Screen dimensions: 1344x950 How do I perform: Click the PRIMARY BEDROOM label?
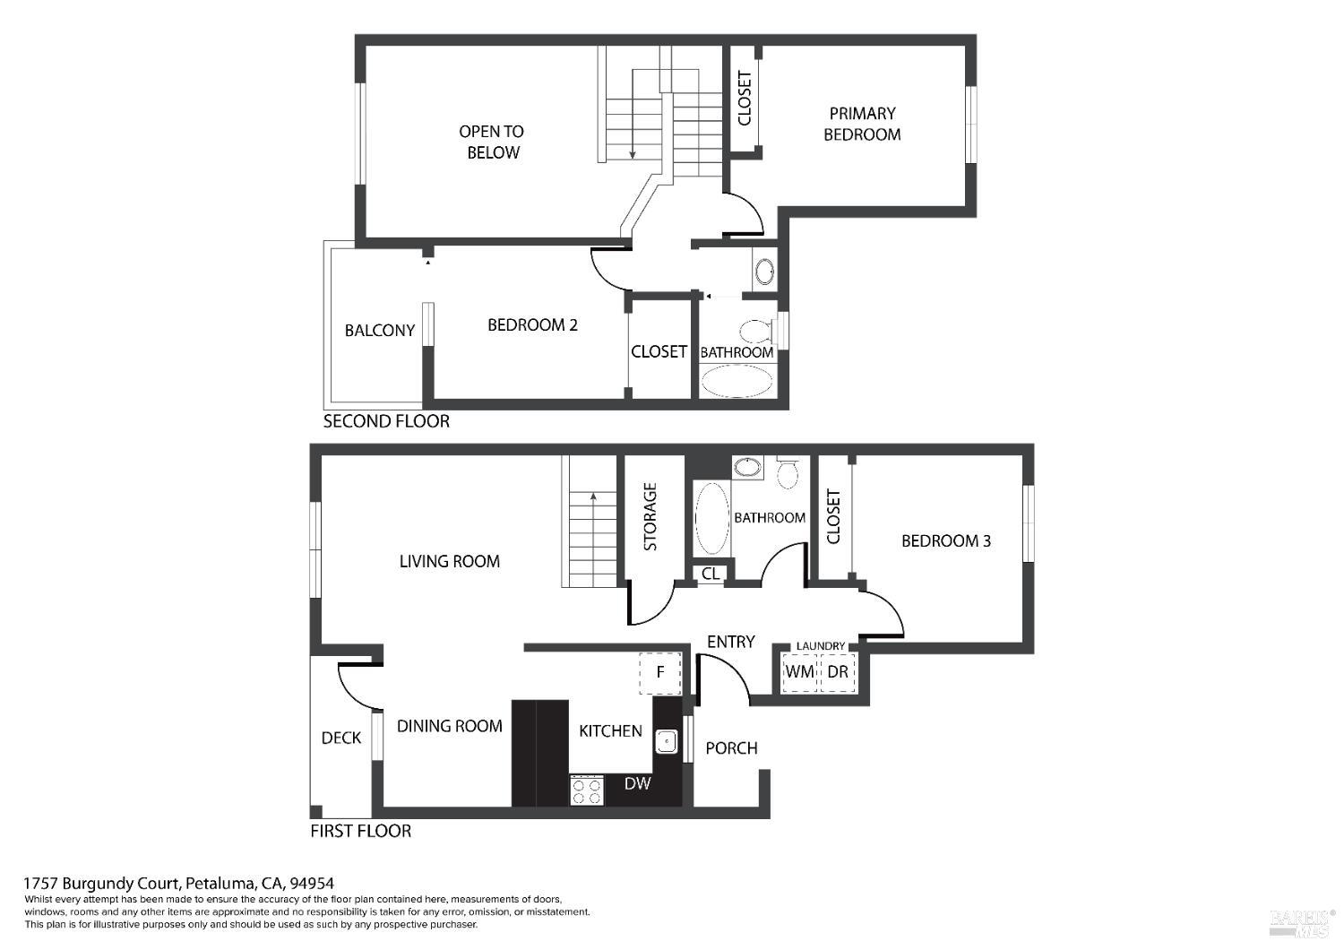pyautogui.click(x=862, y=125)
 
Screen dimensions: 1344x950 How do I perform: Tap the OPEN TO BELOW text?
pyautogui.click(x=492, y=142)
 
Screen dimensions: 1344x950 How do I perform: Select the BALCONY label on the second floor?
pyautogui.click(x=379, y=331)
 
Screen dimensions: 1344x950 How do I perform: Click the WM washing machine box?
pyautogui.click(x=800, y=671)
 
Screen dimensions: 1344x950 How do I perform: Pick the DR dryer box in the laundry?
pyautogui.click(x=838, y=671)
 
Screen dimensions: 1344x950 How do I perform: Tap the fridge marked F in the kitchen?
pyautogui.click(x=660, y=673)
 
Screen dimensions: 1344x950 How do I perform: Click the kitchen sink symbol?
pyautogui.click(x=666, y=742)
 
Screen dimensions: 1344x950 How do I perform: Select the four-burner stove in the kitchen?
pyautogui.click(x=586, y=790)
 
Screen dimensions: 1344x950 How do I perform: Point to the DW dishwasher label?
pyautogui.click(x=636, y=783)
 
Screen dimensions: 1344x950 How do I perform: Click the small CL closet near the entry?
pyautogui.click(x=711, y=574)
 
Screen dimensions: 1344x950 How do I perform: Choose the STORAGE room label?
pyautogui.click(x=650, y=517)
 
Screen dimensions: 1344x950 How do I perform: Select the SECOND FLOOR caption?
pyautogui.click(x=386, y=421)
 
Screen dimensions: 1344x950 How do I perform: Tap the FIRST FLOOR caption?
pyautogui.click(x=360, y=831)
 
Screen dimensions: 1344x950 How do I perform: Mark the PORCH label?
pyautogui.click(x=731, y=748)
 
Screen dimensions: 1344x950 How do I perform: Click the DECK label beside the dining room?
pyautogui.click(x=340, y=738)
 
